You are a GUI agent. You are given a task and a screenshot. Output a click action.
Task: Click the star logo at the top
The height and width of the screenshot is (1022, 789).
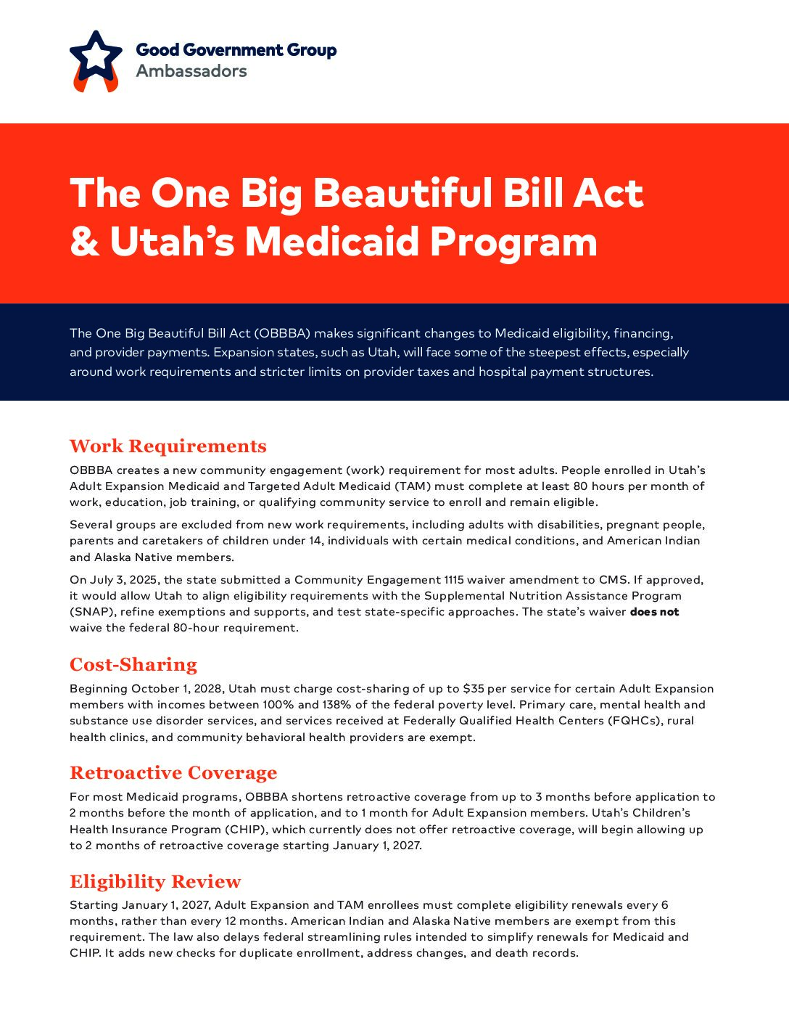(96, 58)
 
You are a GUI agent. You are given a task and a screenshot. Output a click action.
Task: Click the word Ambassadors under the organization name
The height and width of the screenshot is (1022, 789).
(191, 71)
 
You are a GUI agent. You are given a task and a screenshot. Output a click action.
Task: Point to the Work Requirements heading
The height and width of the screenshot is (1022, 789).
(168, 446)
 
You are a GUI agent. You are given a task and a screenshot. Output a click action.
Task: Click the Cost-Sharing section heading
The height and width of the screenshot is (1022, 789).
(133, 664)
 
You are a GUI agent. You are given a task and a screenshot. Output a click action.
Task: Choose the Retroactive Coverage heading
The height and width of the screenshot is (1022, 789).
(173, 772)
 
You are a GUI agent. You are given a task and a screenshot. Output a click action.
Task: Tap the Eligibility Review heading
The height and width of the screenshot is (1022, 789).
(155, 881)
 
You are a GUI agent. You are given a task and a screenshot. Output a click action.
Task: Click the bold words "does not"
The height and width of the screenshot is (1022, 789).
(654, 612)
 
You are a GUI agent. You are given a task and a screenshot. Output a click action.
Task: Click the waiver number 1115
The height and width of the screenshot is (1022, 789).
(453, 580)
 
